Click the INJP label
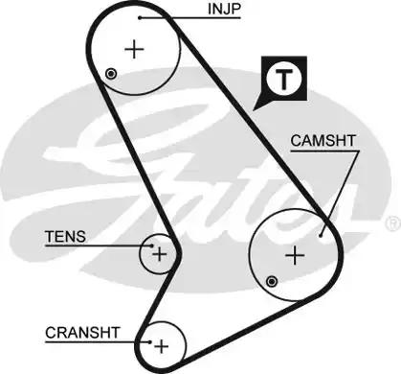click(x=224, y=11)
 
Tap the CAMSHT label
click(x=323, y=140)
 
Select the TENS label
click(x=65, y=237)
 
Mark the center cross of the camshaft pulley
click(x=296, y=254)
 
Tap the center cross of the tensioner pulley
click(x=159, y=254)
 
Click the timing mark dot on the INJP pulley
click(x=112, y=73)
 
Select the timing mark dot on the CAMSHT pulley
click(x=273, y=279)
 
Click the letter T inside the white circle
click(x=283, y=81)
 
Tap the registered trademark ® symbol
click(x=391, y=223)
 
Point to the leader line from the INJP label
click(x=177, y=17)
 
